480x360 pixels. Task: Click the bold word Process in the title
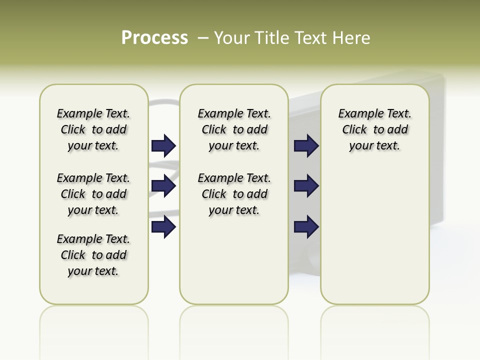(154, 38)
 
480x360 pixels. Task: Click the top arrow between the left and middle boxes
(163, 146)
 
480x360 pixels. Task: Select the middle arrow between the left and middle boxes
(163, 186)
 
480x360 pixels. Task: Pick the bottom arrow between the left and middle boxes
(163, 227)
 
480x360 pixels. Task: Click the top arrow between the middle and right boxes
(306, 146)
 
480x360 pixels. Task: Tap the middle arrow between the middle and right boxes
(306, 186)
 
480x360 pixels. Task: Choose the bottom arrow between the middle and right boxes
(306, 227)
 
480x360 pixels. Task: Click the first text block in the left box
(93, 129)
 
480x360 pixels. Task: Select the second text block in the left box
(93, 194)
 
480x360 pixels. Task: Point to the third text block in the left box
(93, 255)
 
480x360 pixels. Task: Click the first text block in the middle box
(234, 129)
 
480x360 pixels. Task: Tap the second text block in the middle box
(234, 194)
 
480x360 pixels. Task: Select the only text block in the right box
(374, 129)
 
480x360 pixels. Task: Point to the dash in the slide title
(203, 38)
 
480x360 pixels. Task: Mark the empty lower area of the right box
(374, 235)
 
